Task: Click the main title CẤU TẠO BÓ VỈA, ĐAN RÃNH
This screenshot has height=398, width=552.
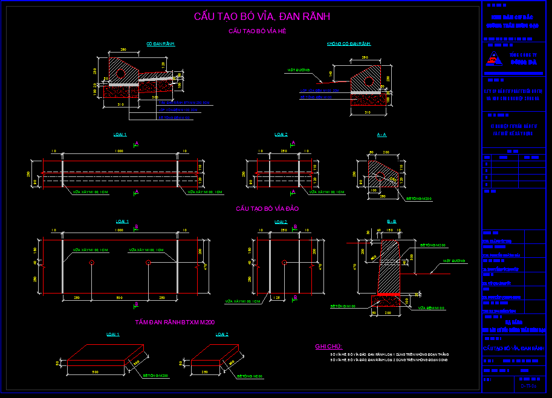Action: click(262, 17)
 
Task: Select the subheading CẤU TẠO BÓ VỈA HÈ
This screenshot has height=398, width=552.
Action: click(257, 31)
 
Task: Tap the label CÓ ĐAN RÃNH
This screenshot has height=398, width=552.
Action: click(160, 44)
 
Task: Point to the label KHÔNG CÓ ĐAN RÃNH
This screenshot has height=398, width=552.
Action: click(348, 44)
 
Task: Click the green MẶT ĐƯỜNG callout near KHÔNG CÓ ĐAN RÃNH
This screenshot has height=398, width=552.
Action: click(298, 71)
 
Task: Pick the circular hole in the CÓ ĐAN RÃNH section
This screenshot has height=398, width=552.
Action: click(120, 73)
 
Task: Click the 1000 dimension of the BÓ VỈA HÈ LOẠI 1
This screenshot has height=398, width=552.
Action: click(119, 151)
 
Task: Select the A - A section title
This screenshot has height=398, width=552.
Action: click(382, 135)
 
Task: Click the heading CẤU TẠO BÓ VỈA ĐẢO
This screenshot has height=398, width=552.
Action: click(267, 209)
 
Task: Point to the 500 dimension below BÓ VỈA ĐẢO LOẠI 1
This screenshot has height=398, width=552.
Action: click(119, 298)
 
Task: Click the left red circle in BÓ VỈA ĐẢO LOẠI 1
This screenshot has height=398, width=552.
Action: click(91, 263)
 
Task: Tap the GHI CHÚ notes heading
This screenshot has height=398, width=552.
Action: click(329, 347)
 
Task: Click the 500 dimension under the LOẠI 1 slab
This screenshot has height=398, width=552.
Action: click(95, 372)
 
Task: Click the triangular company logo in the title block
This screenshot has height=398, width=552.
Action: click(496, 59)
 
